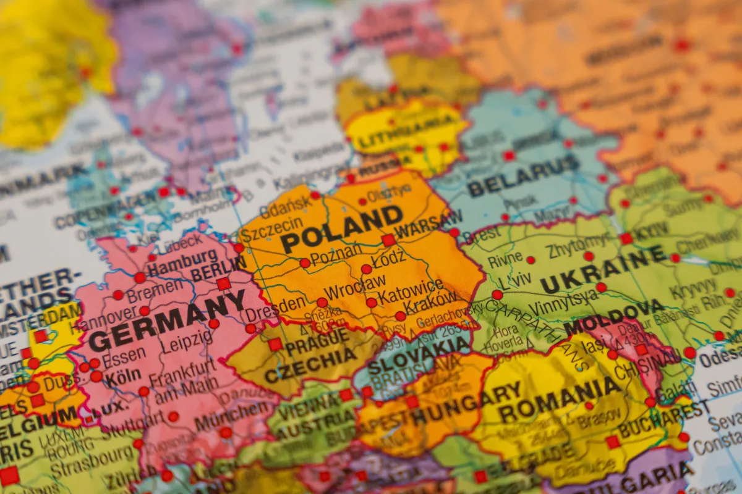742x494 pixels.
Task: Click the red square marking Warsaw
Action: click(x=388, y=240)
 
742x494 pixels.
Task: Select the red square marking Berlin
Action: click(x=223, y=283)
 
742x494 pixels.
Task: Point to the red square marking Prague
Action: click(x=275, y=345)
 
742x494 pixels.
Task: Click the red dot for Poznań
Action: click(x=305, y=263)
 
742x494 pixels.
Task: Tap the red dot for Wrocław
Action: click(x=322, y=303)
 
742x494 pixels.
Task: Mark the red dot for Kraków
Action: click(x=401, y=316)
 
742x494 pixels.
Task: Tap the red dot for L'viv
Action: click(x=497, y=295)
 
